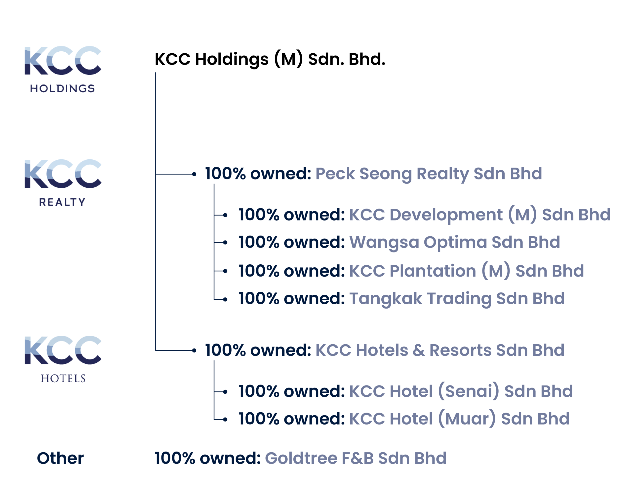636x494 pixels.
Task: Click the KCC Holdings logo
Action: (x=63, y=70)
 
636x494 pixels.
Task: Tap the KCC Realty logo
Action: (x=63, y=183)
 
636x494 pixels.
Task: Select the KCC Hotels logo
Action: (x=63, y=359)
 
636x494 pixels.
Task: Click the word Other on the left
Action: (x=60, y=458)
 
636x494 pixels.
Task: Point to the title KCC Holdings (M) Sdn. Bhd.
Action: (x=270, y=59)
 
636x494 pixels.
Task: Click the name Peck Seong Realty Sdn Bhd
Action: (x=429, y=174)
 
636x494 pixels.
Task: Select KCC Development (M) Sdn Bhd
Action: (x=480, y=215)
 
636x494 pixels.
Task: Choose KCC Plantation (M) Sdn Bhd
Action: (x=467, y=271)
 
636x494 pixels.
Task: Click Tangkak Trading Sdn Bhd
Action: (x=457, y=299)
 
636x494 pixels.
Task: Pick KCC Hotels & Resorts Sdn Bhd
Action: (x=440, y=350)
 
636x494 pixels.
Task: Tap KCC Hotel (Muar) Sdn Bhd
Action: (x=459, y=419)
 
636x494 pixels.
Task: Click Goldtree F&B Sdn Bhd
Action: (x=356, y=458)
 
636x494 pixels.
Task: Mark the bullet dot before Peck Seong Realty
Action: (x=194, y=174)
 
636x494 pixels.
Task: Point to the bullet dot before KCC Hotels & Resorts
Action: (x=194, y=351)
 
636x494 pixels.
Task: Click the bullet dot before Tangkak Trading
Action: (x=225, y=299)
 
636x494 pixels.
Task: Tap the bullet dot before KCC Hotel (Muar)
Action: (x=225, y=420)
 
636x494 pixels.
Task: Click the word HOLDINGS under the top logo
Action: (x=62, y=88)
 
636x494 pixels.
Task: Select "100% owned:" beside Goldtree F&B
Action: (x=208, y=458)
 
